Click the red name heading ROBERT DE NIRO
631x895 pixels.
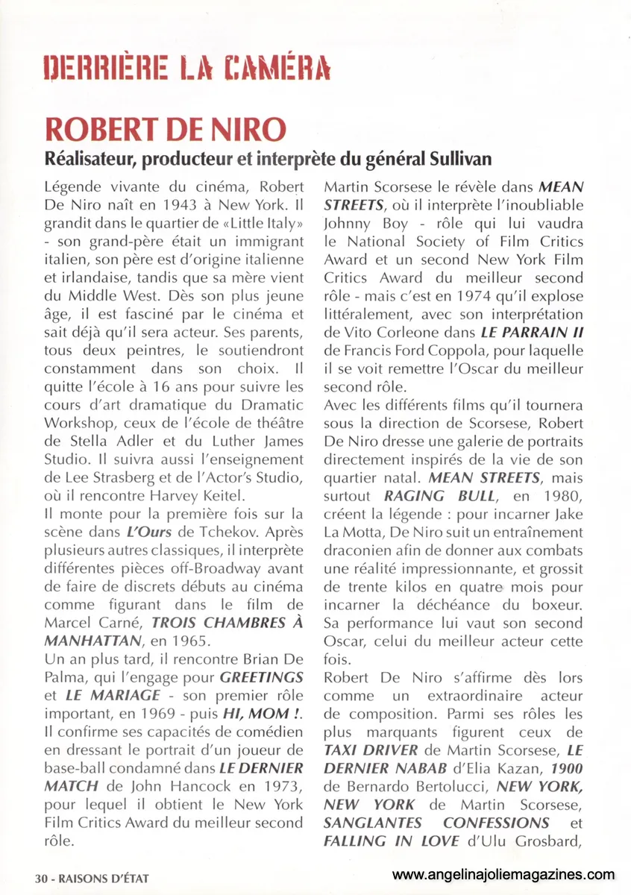click(x=155, y=129)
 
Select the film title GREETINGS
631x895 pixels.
click(x=261, y=676)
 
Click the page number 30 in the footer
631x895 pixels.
click(x=41, y=879)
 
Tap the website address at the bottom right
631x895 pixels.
click(x=503, y=874)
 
